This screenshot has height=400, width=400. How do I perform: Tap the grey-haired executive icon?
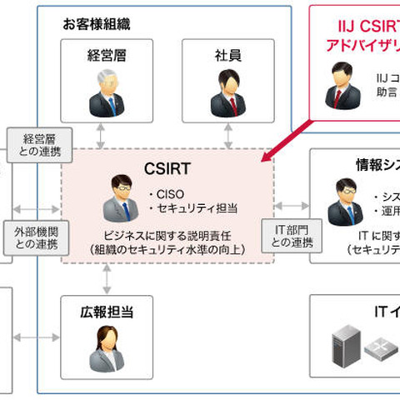click(x=107, y=93)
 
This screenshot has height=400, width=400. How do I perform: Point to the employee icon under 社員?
click(x=227, y=93)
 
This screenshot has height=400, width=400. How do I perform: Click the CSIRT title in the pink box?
click(x=167, y=168)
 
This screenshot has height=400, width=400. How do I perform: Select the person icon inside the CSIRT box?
click(x=120, y=198)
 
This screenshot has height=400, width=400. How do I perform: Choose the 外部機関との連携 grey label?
click(x=35, y=237)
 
